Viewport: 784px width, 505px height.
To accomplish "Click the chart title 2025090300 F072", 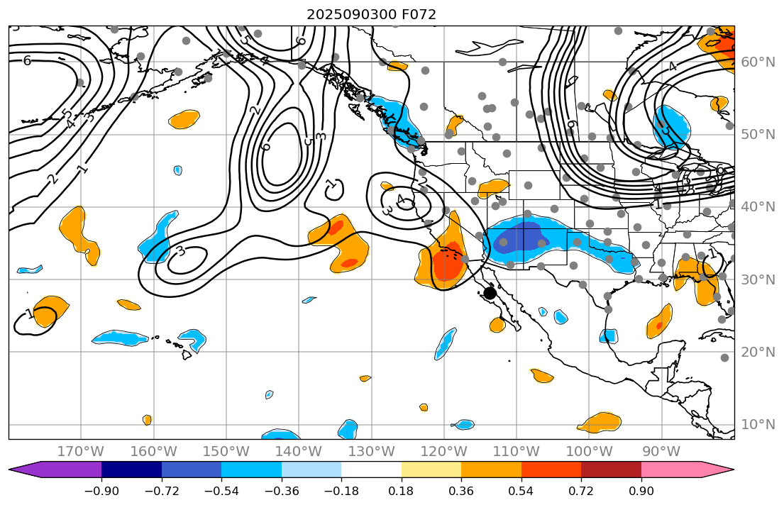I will [371, 14].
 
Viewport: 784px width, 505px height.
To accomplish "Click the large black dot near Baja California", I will [490, 293].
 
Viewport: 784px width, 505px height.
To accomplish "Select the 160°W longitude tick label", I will [153, 451].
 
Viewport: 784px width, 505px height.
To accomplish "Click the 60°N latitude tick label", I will [758, 62].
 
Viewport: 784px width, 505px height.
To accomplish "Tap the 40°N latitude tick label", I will [758, 206].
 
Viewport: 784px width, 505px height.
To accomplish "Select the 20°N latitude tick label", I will [758, 352].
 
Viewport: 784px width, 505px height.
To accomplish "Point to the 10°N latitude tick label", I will [758, 424].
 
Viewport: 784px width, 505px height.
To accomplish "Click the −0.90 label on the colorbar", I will [101, 492].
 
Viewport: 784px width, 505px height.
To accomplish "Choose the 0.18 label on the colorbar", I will [402, 492].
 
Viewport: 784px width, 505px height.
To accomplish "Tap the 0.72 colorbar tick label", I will [581, 492].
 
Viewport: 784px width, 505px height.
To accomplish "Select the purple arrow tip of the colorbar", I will [20, 469].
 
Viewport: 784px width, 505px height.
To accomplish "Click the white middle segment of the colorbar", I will [371, 469].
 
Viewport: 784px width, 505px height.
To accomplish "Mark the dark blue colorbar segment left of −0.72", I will [131, 469].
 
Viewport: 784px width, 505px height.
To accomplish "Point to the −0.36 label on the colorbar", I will [282, 492].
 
